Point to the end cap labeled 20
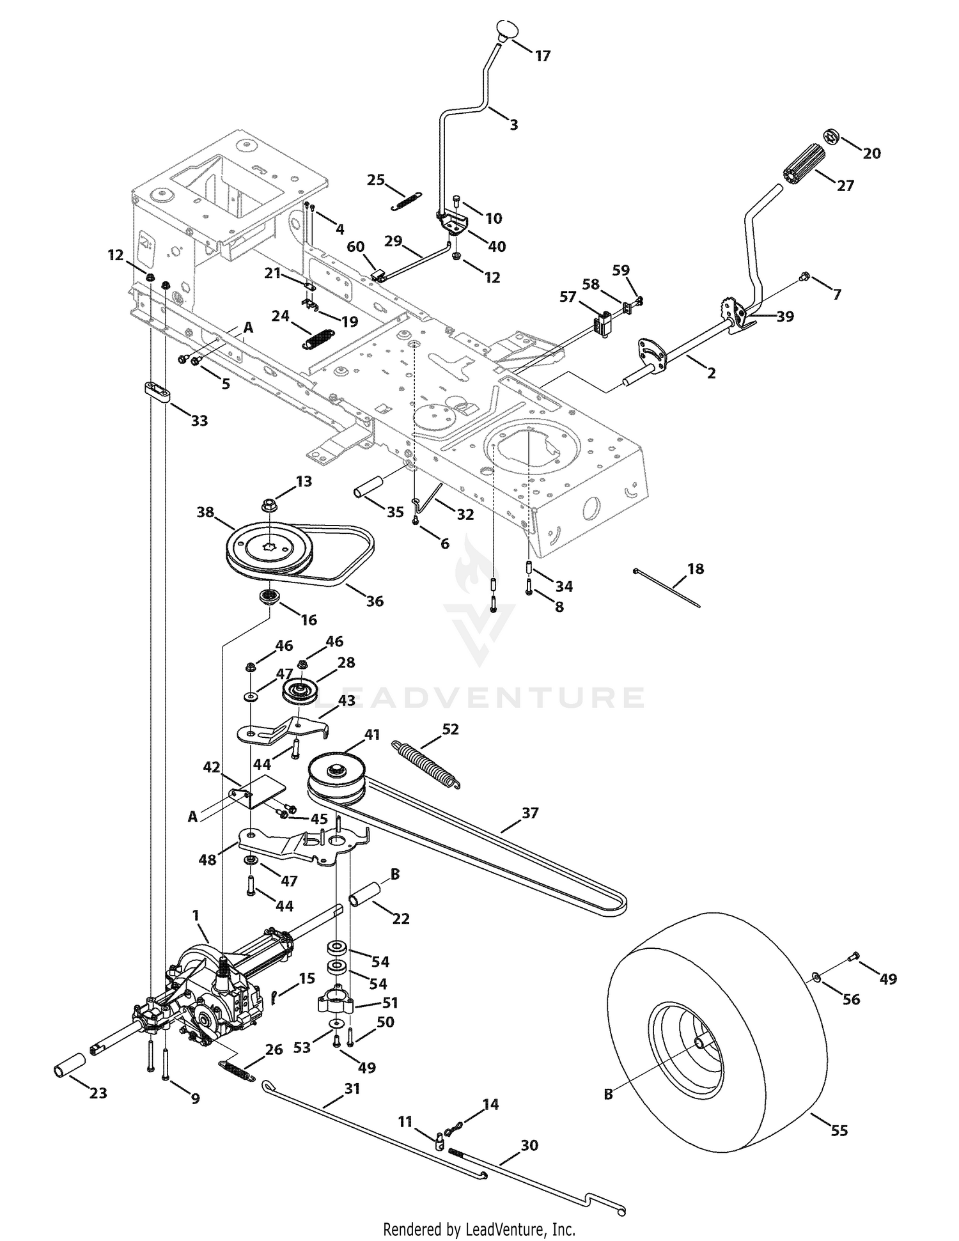pyautogui.click(x=830, y=136)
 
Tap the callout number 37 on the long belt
pyautogui.click(x=530, y=813)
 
